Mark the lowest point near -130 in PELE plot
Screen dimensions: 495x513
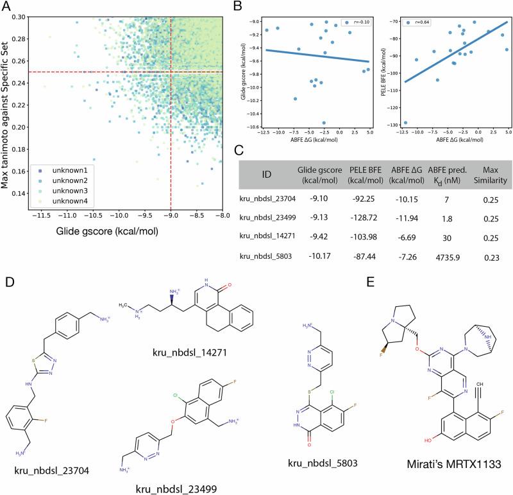tap(405, 123)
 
